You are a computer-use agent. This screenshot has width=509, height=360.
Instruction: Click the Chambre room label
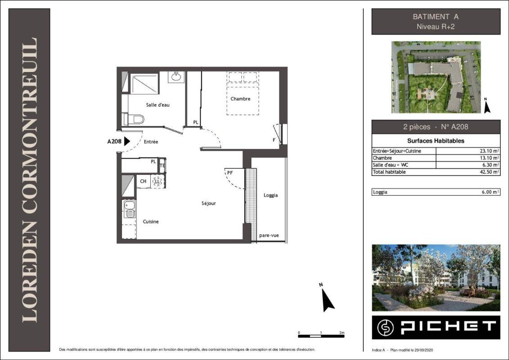240,99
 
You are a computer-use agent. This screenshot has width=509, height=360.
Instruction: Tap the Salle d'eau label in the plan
158,105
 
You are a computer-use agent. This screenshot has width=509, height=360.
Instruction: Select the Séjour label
208,203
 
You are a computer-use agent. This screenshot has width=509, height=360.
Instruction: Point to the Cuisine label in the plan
151,222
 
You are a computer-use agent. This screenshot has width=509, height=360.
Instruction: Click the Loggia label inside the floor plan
270,195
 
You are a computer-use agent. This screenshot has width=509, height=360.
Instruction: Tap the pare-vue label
269,235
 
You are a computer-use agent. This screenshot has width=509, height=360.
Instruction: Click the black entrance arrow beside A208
127,141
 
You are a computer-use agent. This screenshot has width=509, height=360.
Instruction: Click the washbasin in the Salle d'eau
176,77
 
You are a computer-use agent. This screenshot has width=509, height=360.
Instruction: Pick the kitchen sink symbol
130,209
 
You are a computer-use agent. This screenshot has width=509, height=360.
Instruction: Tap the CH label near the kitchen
143,181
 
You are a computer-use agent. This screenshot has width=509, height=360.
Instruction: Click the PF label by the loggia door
230,173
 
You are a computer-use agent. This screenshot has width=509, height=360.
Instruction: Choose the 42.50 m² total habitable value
490,172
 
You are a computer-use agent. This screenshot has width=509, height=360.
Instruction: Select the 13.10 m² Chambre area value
490,158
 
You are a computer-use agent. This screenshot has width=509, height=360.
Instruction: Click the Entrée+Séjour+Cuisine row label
396,151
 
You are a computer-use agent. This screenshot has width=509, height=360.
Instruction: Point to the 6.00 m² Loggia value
491,192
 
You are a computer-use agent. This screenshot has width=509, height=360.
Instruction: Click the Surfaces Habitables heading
436,141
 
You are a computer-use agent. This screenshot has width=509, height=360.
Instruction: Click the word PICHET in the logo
448,327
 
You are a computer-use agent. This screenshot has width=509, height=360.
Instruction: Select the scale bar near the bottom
321,336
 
